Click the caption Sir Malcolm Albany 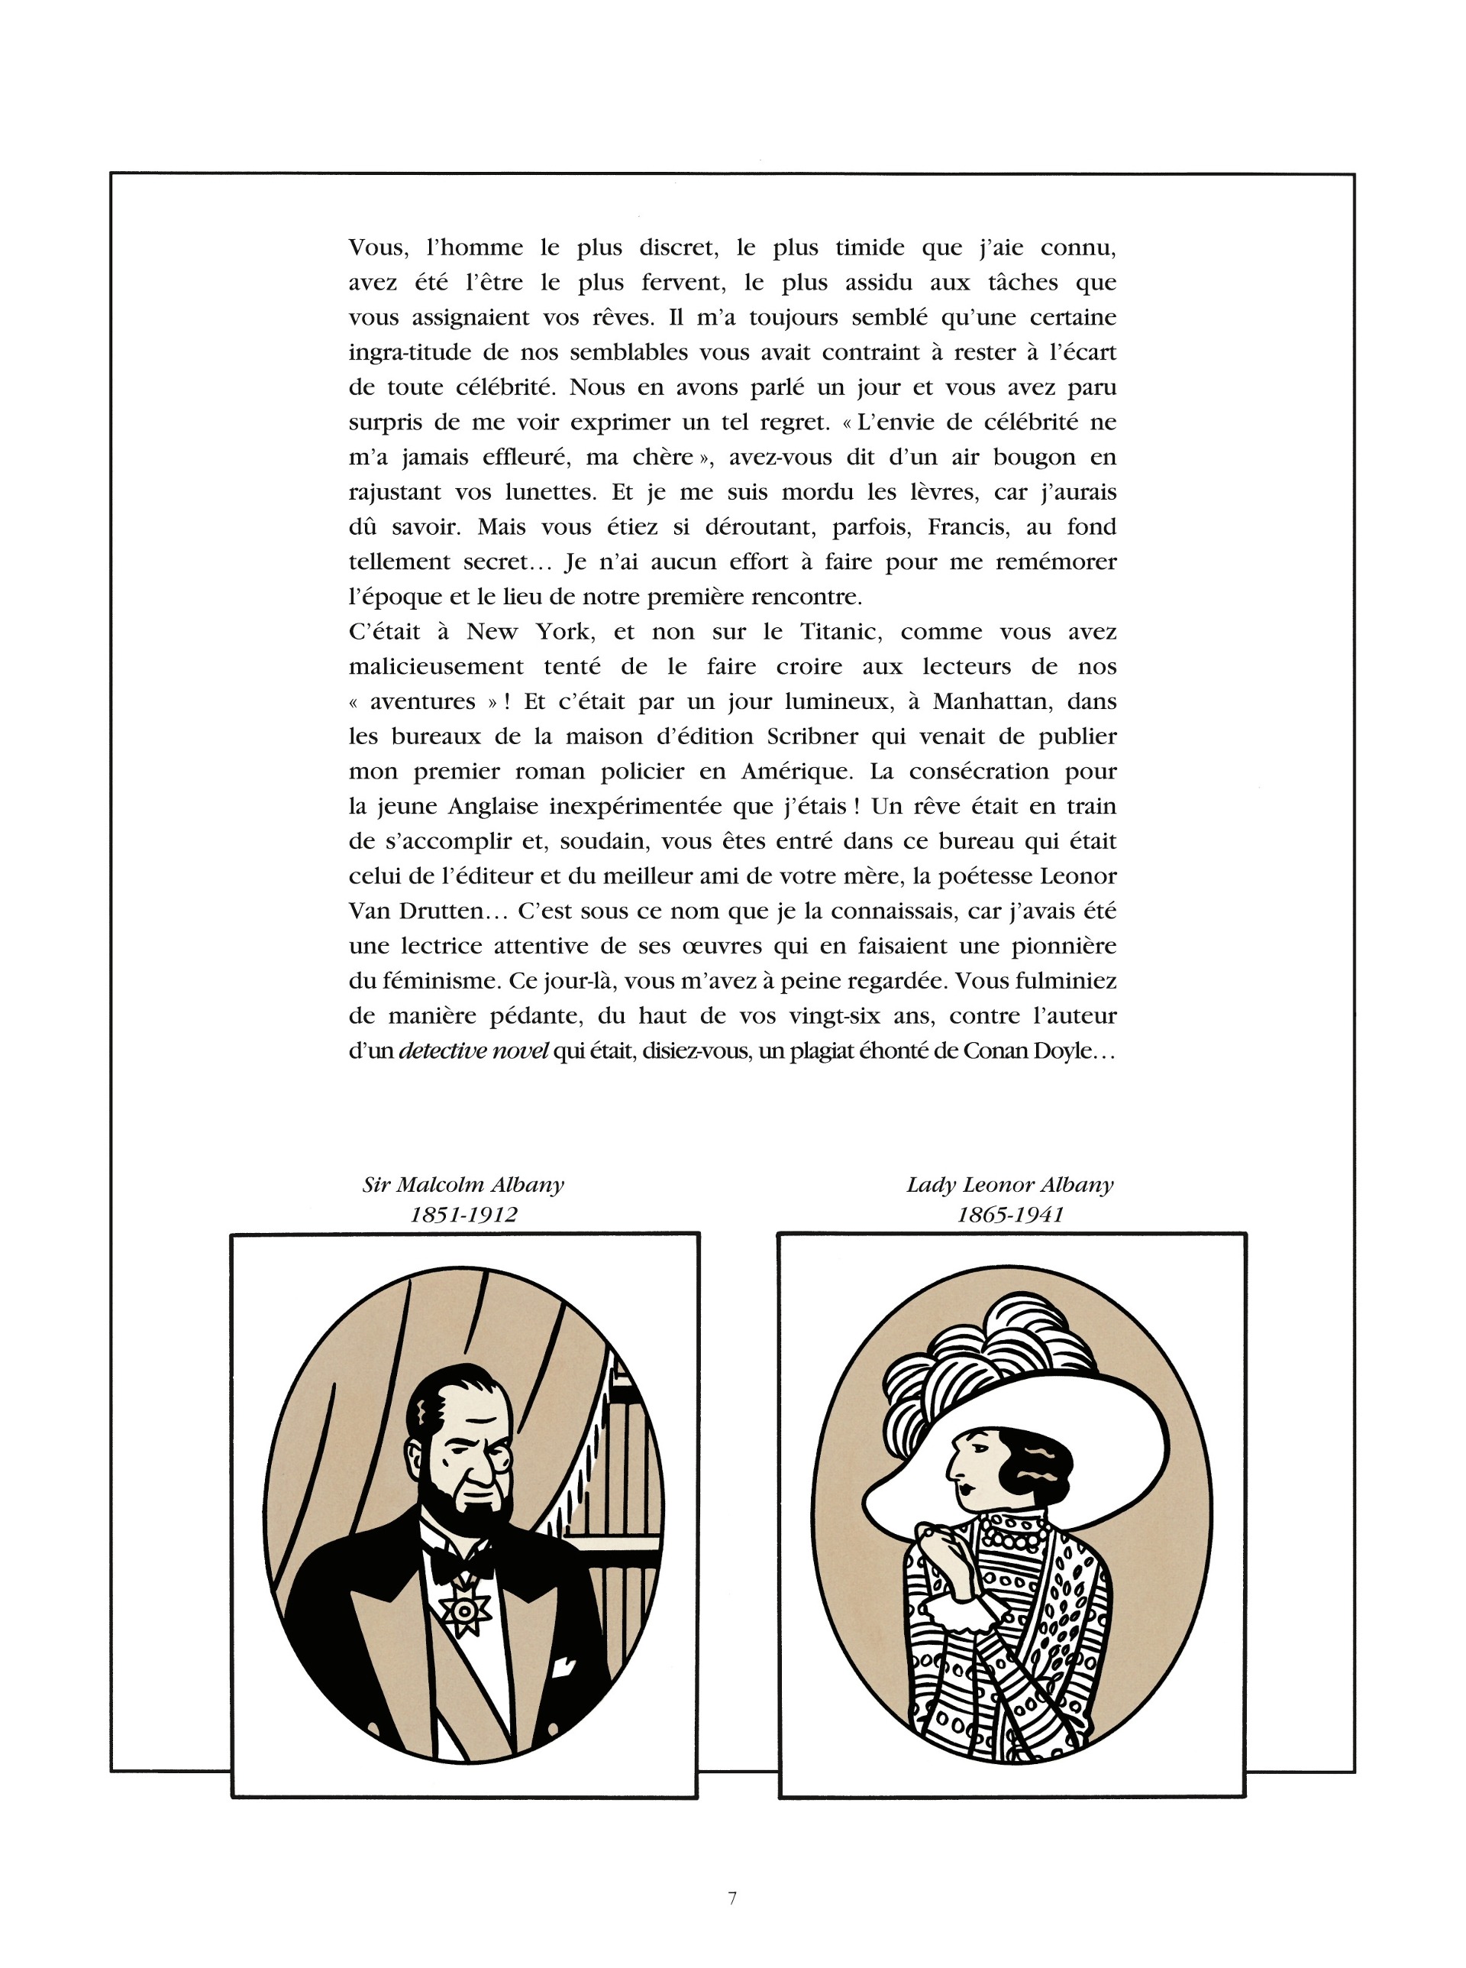(x=463, y=1184)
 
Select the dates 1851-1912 (x=463, y=1215)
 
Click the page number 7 (x=732, y=1898)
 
